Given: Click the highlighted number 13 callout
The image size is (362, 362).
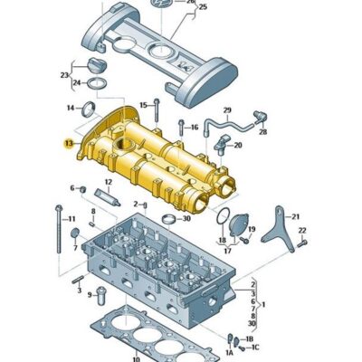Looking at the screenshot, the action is point(69,144).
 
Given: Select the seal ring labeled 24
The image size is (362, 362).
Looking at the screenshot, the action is point(97,83).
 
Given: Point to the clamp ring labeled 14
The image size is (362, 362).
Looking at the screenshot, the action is point(89,110).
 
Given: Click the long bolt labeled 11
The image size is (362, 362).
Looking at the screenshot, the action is point(59,229).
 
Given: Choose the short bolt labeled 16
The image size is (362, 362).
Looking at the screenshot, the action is point(182,128).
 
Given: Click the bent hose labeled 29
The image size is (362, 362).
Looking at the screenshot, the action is point(227,124).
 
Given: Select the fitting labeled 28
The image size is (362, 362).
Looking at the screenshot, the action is point(261,117).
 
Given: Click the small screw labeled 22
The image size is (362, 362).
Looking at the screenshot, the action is point(302,243).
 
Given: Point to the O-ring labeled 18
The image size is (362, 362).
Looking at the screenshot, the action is point(223,216).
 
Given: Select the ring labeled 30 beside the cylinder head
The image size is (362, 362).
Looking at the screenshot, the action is point(169,219).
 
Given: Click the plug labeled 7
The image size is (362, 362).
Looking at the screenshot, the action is point(75,233).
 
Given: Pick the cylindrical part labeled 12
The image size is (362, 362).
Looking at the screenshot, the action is point(108,196).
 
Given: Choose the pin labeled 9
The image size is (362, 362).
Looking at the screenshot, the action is point(101,296).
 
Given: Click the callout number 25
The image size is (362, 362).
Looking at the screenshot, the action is point(203,6).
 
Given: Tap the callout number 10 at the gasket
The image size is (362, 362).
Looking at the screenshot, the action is point(137,358).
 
